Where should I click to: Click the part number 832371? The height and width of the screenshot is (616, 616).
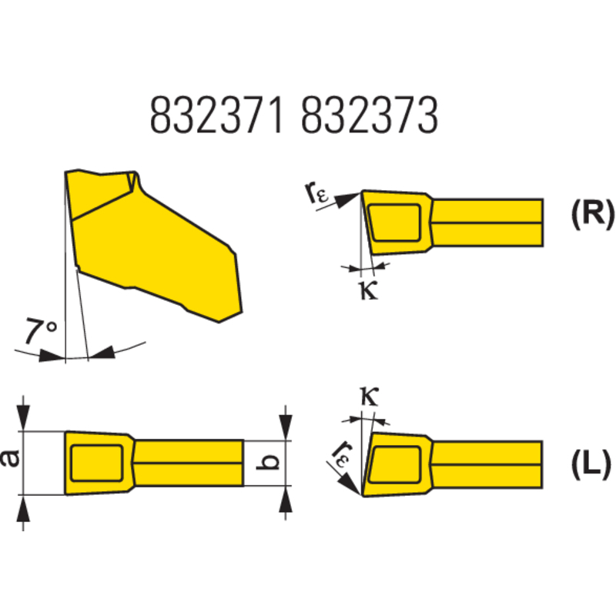[217, 115]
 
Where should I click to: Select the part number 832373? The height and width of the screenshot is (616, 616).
[370, 115]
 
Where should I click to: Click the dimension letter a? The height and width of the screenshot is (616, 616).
[11, 458]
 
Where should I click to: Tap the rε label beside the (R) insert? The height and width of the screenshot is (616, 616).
[316, 193]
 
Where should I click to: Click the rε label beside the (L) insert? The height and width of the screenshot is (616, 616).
[340, 454]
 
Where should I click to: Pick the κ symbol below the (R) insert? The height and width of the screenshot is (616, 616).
[369, 291]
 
